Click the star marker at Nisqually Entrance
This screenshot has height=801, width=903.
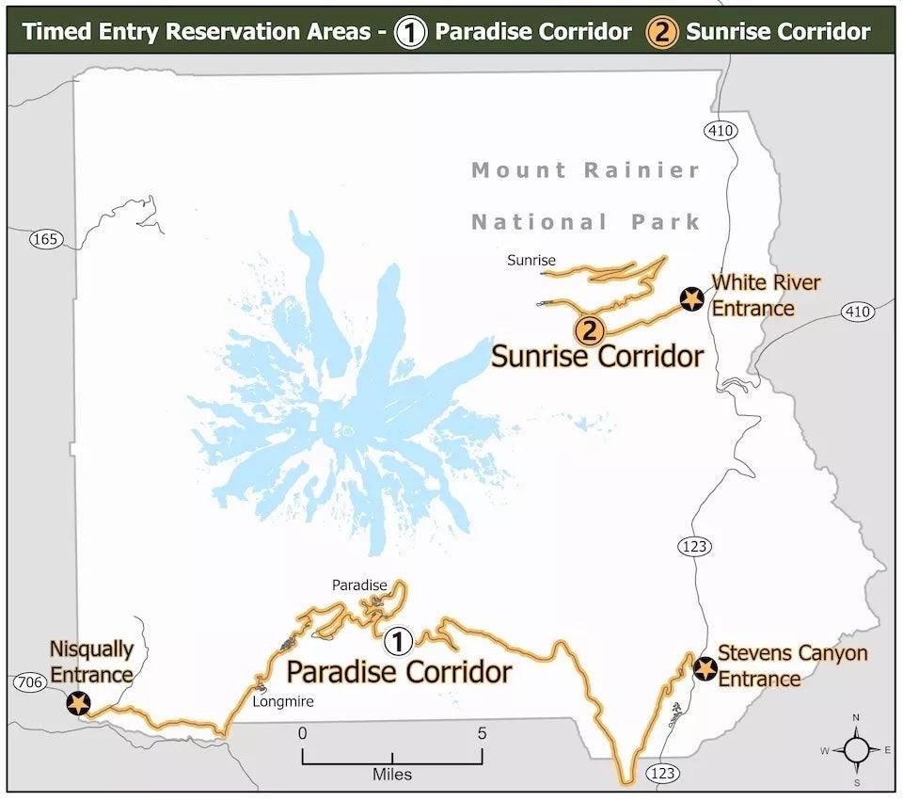coord(78,703)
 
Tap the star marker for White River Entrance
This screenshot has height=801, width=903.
coord(692,299)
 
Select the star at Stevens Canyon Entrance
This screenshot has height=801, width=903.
coord(705,669)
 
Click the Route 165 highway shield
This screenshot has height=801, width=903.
coord(45,239)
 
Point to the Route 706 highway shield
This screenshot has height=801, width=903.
coord(30,682)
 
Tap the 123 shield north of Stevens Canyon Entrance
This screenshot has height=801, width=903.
coord(697,546)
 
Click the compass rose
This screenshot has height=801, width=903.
coord(856,749)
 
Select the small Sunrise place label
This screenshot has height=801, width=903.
coord(531,260)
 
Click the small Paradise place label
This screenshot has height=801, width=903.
coord(359,585)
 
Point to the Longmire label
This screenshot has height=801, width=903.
coord(283,701)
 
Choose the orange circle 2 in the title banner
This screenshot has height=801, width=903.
coord(662,32)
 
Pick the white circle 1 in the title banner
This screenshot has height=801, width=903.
coord(411,32)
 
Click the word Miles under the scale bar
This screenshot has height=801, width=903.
coord(391,775)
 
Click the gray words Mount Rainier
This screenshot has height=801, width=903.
coord(586,170)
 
